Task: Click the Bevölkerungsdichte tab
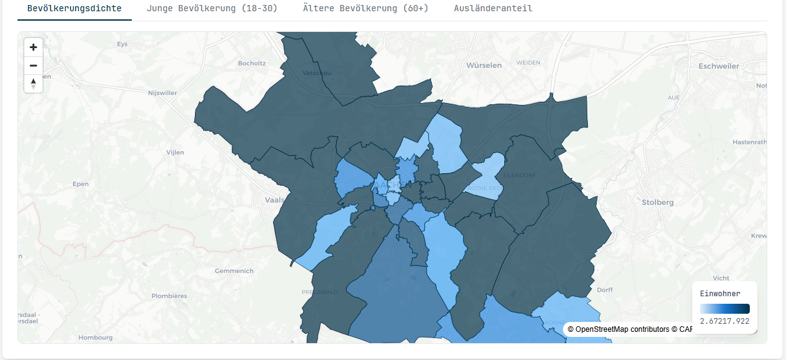[74, 9]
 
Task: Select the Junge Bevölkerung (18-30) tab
[212, 9]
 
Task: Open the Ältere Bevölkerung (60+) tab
[366, 9]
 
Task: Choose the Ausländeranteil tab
[493, 9]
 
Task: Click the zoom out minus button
[33, 66]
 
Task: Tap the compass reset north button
[33, 84]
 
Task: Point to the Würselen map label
[484, 66]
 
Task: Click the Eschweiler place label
[719, 66]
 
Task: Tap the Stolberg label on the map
[657, 202]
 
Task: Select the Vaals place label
[274, 201]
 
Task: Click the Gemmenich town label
[234, 271]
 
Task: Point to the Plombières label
[169, 296]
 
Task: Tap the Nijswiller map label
[162, 93]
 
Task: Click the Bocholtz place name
[252, 63]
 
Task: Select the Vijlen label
[176, 152]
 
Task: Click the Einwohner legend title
[720, 294]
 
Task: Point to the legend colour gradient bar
[724, 308]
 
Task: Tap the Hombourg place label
[95, 337]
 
